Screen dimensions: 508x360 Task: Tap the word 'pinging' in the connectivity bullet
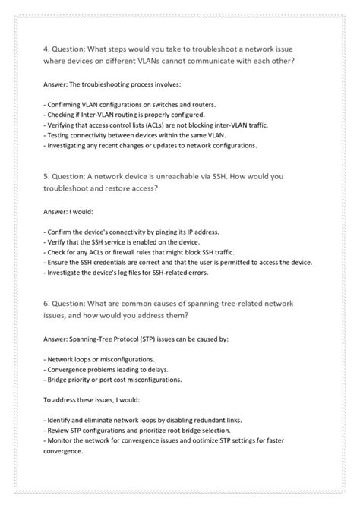coord(170,229)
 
